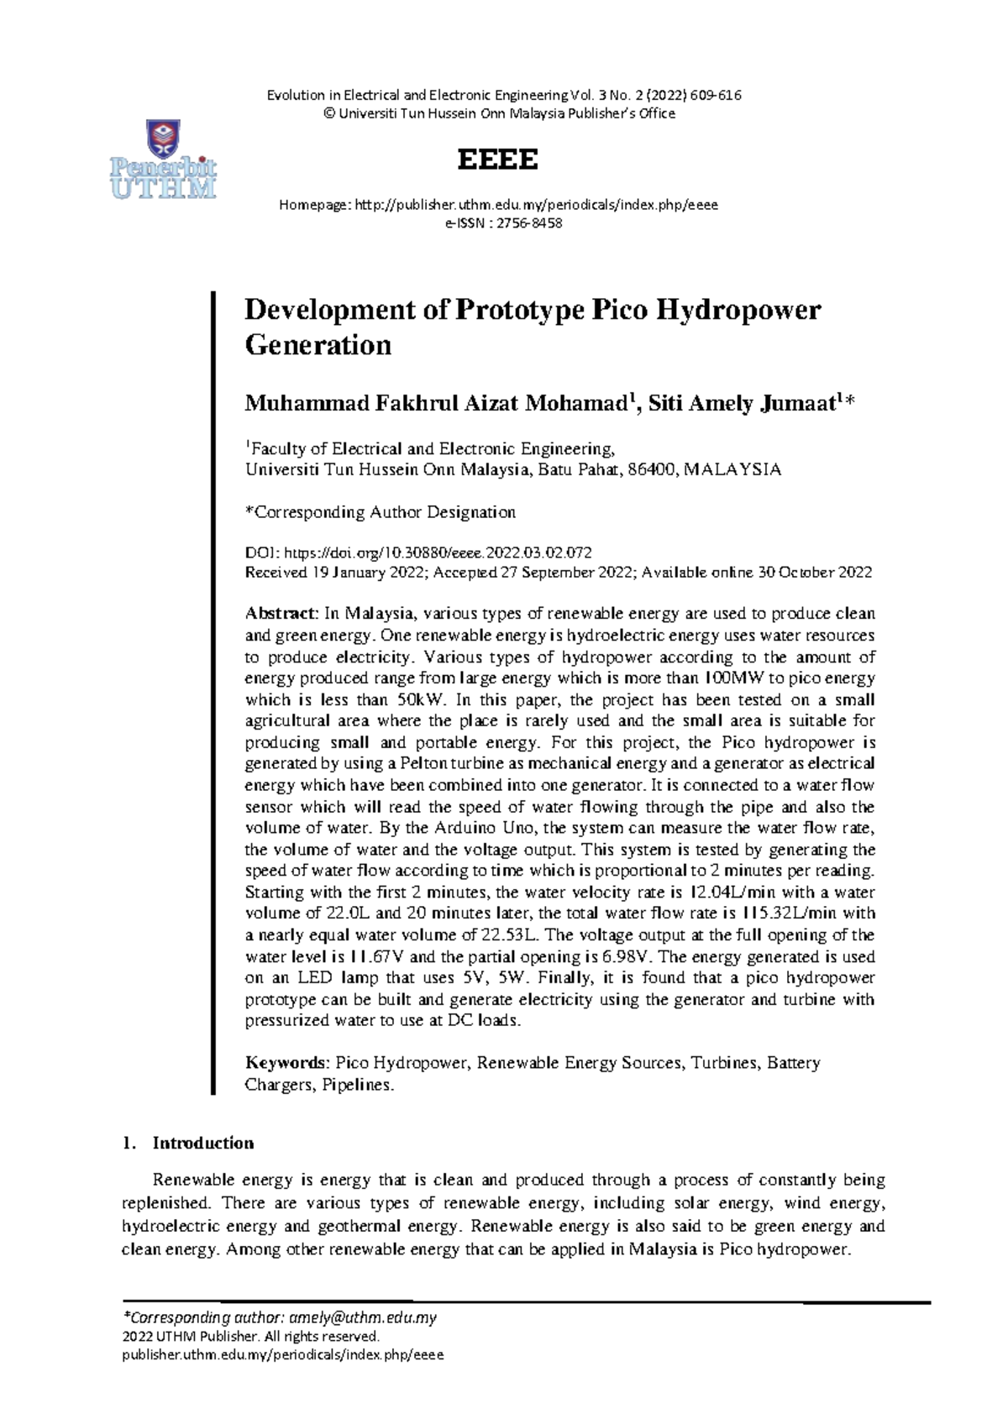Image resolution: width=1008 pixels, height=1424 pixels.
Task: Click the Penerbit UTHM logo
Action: (164, 160)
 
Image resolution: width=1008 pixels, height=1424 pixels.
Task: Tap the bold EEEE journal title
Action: (497, 160)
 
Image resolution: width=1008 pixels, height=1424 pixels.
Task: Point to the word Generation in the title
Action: (318, 345)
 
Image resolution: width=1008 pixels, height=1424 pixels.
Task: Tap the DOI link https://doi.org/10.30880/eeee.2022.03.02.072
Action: (438, 552)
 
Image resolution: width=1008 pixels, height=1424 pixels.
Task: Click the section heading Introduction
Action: (202, 1143)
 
